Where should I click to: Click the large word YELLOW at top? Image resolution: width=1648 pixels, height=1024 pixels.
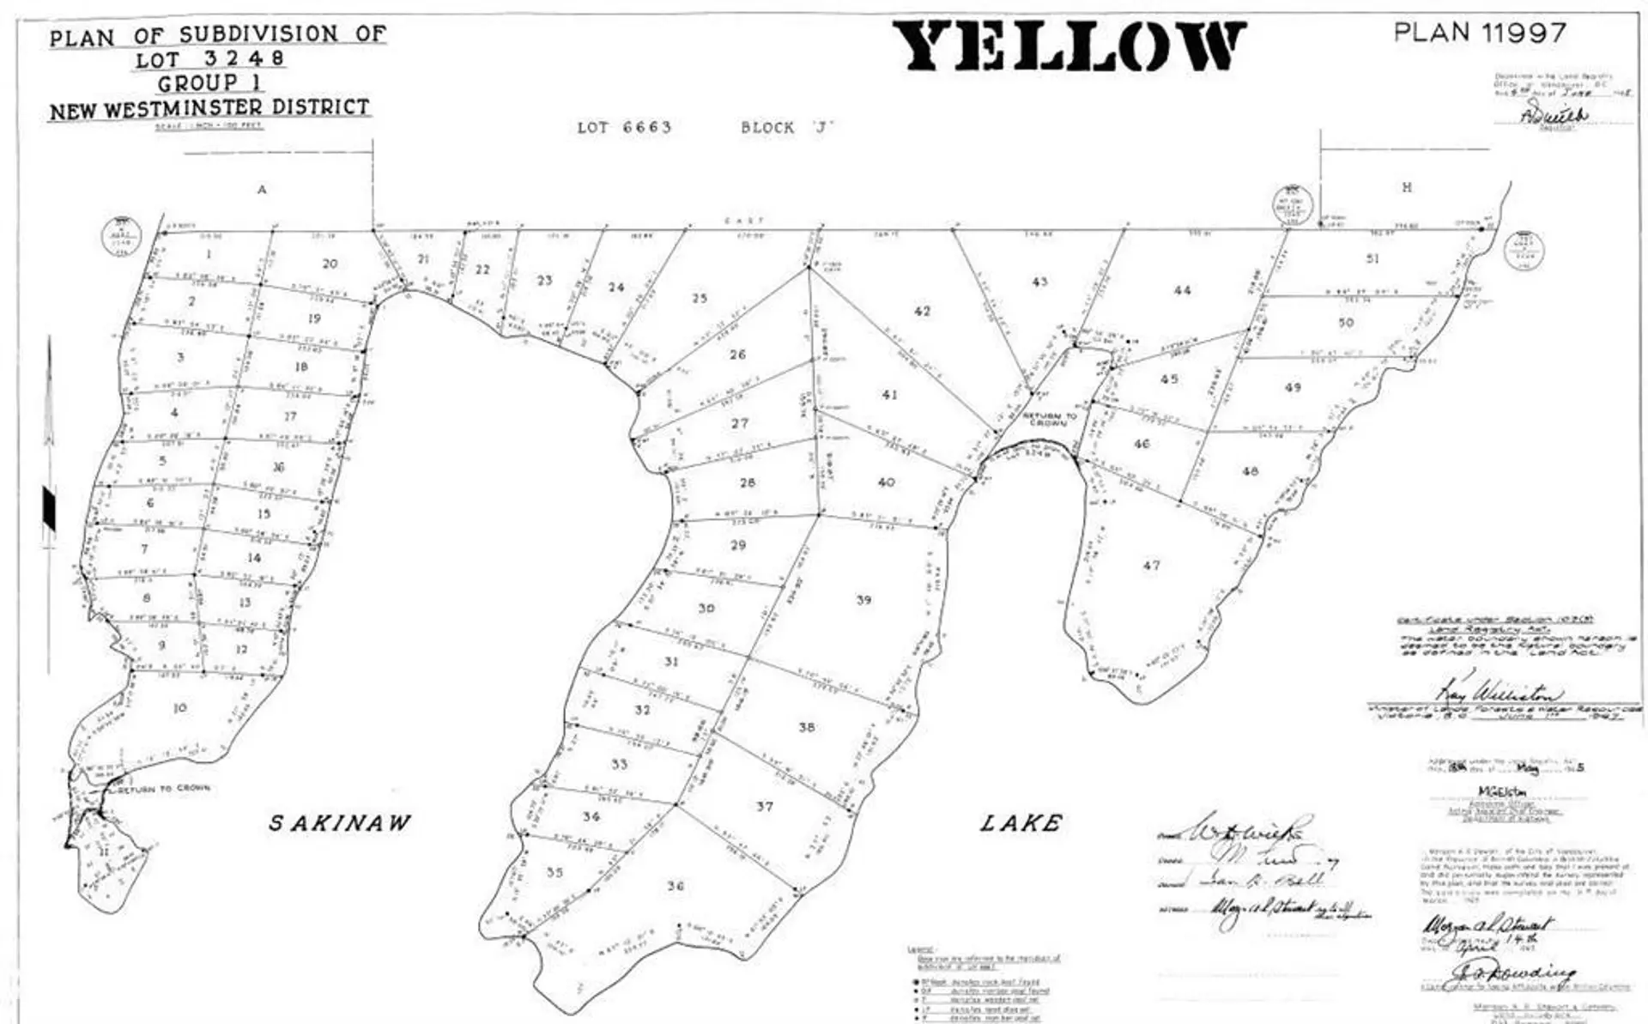[x=1069, y=47]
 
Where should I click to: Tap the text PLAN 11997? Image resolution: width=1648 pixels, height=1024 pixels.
[x=1480, y=33]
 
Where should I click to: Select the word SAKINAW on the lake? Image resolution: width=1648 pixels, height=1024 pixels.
[x=340, y=823]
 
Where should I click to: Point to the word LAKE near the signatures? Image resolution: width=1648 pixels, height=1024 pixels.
[x=1021, y=824]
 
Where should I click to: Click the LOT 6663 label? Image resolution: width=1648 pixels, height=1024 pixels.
[x=624, y=128]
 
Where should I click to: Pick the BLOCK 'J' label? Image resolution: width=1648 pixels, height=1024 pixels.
[x=787, y=128]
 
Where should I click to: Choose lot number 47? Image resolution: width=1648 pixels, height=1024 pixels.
[x=1151, y=566]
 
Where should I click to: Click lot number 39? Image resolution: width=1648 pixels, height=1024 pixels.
[x=863, y=600]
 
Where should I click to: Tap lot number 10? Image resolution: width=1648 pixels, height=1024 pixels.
[x=180, y=708]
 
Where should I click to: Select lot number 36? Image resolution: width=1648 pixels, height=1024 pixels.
[x=676, y=886]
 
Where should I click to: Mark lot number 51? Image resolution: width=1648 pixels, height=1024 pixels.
[x=1372, y=258]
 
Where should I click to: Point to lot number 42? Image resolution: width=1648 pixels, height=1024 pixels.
[x=922, y=311]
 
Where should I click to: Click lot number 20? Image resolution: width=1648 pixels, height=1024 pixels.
[x=330, y=264]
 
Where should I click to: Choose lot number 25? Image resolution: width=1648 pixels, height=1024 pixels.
[x=700, y=299]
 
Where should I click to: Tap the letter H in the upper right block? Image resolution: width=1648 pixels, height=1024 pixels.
[x=1406, y=187]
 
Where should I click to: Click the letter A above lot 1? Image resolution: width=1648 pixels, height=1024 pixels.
[x=262, y=190]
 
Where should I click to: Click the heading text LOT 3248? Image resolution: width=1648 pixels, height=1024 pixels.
[x=209, y=59]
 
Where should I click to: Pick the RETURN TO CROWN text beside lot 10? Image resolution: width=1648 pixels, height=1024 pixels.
[x=164, y=788]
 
